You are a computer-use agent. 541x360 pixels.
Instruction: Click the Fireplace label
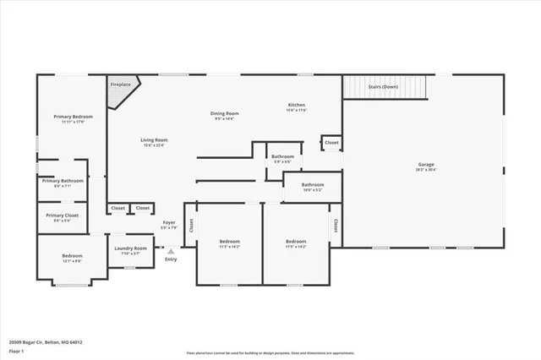click(x=119, y=85)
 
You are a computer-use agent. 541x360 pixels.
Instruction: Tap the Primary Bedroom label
click(x=73, y=117)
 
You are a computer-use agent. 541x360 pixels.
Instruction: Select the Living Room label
click(x=154, y=140)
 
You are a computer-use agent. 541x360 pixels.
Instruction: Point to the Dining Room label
click(x=225, y=113)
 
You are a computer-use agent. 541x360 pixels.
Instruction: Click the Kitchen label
click(x=296, y=105)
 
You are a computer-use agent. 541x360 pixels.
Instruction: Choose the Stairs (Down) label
click(x=384, y=87)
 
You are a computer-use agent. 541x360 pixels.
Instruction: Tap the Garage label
click(x=426, y=164)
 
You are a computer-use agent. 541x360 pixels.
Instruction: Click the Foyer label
click(x=169, y=222)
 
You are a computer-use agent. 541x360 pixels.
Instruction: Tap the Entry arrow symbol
click(x=171, y=251)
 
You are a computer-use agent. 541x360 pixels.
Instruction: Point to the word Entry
click(x=171, y=259)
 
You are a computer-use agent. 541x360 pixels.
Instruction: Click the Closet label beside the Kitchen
click(x=331, y=143)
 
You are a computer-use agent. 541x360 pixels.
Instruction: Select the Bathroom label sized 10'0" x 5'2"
click(x=313, y=184)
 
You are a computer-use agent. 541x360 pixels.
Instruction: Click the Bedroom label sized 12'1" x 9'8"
click(x=72, y=255)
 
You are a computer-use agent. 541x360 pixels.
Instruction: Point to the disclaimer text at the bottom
click(x=270, y=352)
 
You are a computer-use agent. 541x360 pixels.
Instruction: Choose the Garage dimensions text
click(x=426, y=170)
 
